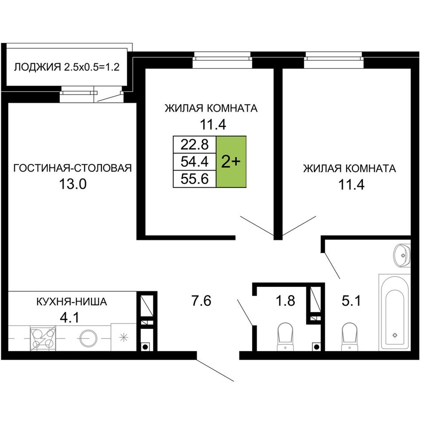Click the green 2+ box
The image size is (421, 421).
[231, 162]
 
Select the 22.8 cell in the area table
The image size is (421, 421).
[195, 145]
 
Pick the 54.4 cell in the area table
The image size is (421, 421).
[195, 162]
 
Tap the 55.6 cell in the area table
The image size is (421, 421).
[195, 179]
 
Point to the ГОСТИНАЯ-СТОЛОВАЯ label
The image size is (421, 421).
[73, 168]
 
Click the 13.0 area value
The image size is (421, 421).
[73, 184]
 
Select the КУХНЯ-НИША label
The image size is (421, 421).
[71, 302]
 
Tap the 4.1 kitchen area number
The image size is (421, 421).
[70, 318]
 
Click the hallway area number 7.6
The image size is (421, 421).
[201, 300]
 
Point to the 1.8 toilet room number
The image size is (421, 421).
[285, 300]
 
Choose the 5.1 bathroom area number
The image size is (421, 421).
[351, 300]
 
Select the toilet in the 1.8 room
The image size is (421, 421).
[285, 337]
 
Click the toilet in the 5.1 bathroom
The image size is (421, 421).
[349, 337]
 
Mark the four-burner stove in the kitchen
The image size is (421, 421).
[43, 338]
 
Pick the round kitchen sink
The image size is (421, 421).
[88, 338]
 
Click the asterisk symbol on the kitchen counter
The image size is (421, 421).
[124, 337]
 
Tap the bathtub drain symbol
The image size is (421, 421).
[395, 335]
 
